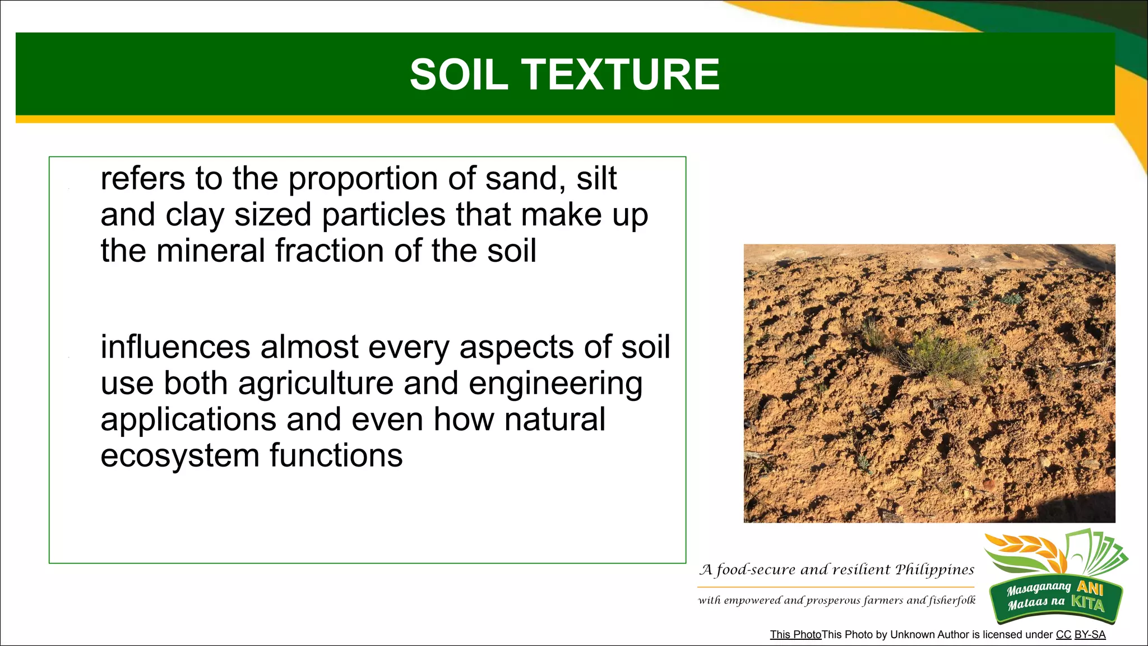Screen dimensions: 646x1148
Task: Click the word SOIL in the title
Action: [459, 75]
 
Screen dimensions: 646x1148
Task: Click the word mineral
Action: [211, 251]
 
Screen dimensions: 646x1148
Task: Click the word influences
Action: [174, 347]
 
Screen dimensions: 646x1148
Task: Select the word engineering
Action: [555, 384]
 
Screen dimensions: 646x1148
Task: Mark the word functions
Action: [336, 455]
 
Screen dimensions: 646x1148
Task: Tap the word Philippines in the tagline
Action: [934, 570]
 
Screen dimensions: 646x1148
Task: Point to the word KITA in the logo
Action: [1087, 603]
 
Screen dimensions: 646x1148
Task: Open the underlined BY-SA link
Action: [1090, 635]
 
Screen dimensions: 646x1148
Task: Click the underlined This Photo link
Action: [795, 635]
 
